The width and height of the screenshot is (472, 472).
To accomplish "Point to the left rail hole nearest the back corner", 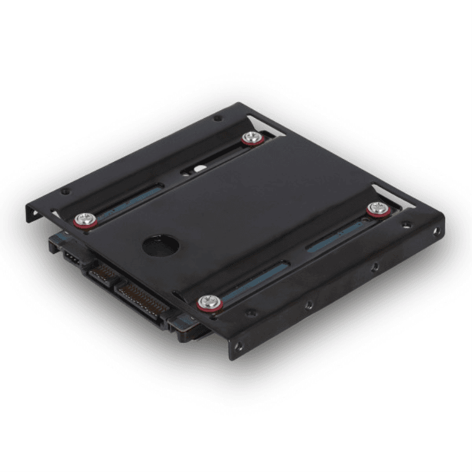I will (217, 118).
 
